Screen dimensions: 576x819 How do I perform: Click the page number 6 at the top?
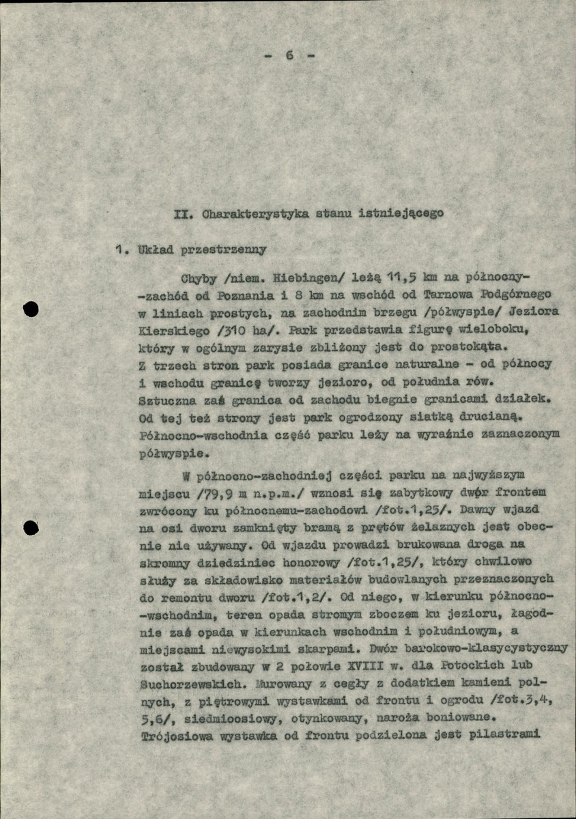tap(290, 56)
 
